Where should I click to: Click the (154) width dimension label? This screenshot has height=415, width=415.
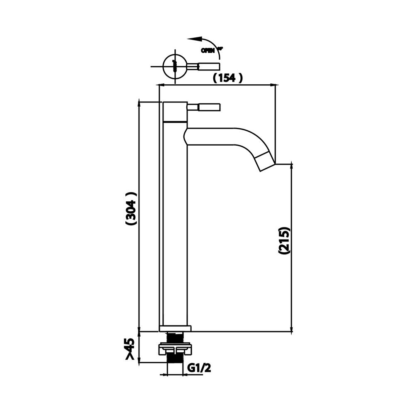[227, 78]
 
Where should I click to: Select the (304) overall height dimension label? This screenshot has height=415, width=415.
[131, 208]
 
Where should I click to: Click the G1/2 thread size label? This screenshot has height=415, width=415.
[199, 368]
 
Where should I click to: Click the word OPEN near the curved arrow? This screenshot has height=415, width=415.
[207, 51]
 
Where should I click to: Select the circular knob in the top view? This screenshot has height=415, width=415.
[174, 66]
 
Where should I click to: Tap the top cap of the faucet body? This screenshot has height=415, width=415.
[175, 111]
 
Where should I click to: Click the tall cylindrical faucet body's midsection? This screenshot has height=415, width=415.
[175, 224]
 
